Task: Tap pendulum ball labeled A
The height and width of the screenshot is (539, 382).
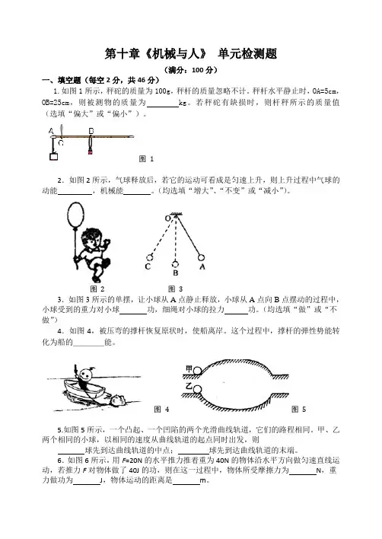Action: click(x=202, y=257)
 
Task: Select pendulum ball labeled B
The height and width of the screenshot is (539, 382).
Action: click(x=175, y=264)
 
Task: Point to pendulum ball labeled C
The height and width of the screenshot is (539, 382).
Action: click(x=149, y=257)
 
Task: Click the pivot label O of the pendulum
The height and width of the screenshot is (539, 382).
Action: click(x=167, y=218)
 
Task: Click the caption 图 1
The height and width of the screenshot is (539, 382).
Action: click(x=146, y=159)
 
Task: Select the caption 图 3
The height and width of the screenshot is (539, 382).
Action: click(x=175, y=289)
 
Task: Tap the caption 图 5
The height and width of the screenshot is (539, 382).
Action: click(x=298, y=409)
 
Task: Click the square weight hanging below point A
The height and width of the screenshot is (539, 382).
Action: click(x=53, y=156)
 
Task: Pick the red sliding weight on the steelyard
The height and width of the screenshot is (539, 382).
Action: click(x=91, y=151)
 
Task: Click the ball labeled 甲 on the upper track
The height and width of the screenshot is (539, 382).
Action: click(x=198, y=370)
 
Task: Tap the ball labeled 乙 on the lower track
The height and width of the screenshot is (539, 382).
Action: click(x=197, y=389)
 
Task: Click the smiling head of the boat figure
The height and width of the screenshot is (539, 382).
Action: click(x=85, y=374)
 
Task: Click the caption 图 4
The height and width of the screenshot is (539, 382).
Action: click(x=161, y=409)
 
